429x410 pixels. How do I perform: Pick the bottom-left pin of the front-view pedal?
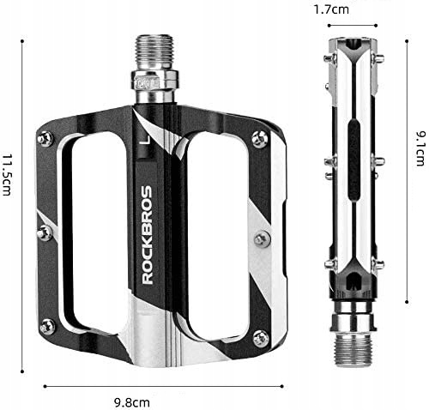click(x=46, y=324)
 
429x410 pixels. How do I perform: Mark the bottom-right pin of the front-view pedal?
click(x=259, y=324)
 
